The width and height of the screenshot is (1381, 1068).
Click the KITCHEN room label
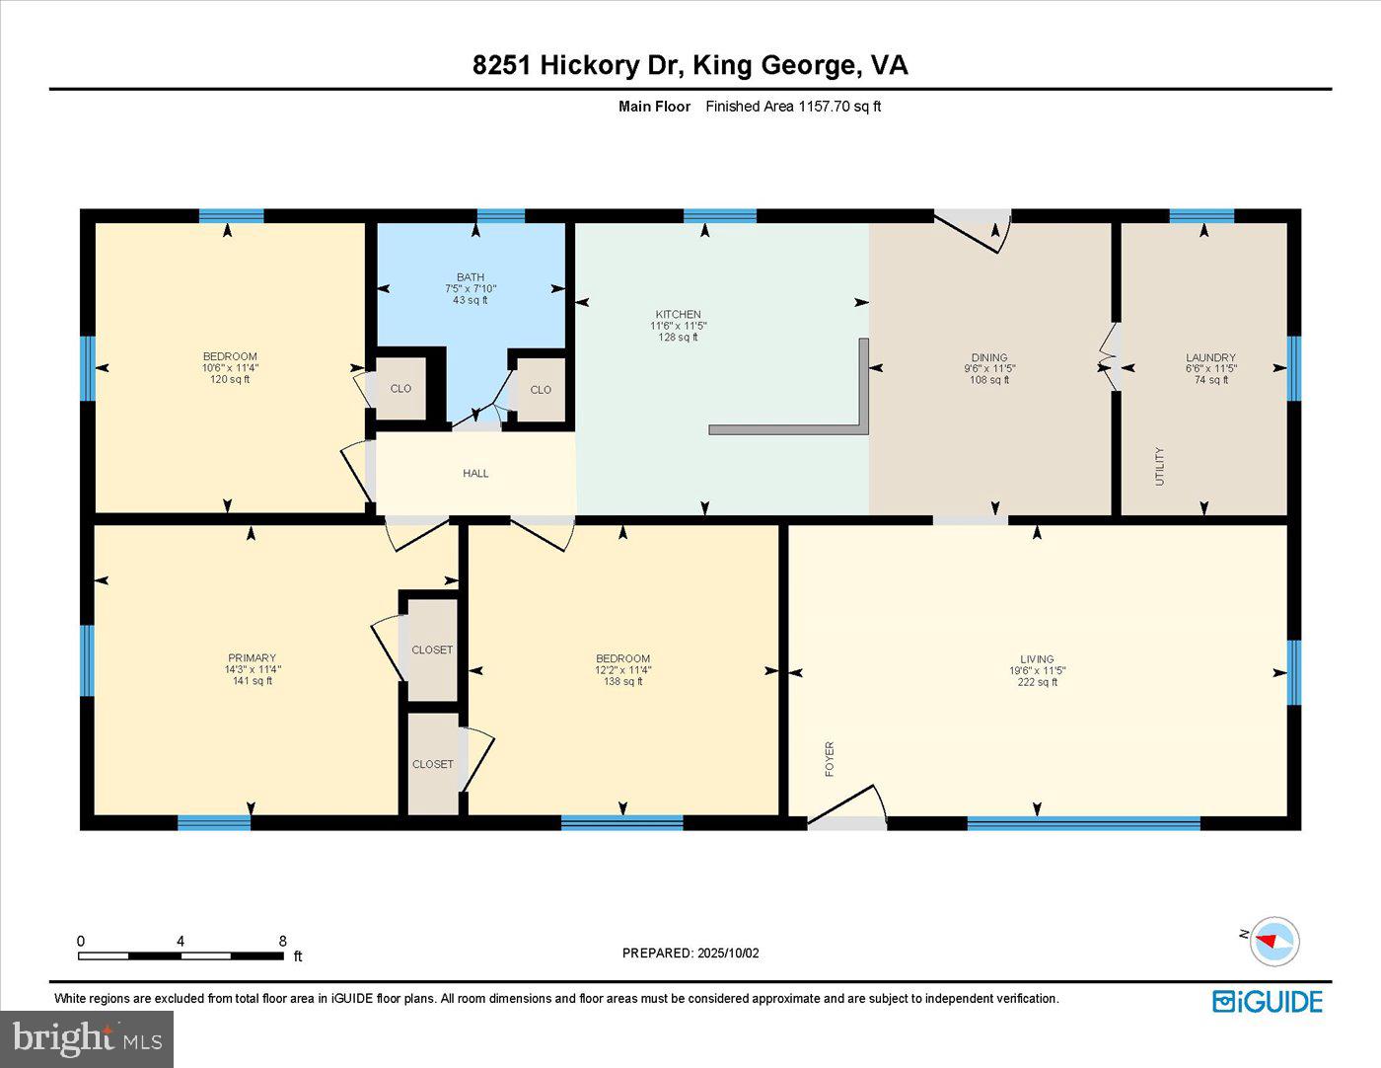pos(679,314)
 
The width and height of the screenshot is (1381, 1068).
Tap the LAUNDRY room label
pos(1210,357)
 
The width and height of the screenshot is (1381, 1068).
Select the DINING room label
pos(989,357)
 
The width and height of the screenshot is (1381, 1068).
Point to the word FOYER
pos(830,759)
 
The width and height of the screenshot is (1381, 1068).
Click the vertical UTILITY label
pos(1160,466)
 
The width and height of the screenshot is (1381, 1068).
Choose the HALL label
pos(475,474)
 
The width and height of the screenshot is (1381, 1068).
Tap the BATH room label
pos(471,277)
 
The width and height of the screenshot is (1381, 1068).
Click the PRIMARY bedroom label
pos(252,657)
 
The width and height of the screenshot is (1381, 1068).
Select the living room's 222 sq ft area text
pos(1037,682)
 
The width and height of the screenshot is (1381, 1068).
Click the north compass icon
pos(1273,941)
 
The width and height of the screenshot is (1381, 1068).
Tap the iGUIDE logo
pos(1268,1001)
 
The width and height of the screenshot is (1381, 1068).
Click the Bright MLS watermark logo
pos(87,1038)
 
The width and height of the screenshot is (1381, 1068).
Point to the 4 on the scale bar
pos(181,942)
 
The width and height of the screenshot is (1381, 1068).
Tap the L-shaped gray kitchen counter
pos(789,429)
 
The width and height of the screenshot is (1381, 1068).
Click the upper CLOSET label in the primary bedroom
pos(432,649)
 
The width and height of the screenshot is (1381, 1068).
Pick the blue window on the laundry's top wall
pos(1201,216)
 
